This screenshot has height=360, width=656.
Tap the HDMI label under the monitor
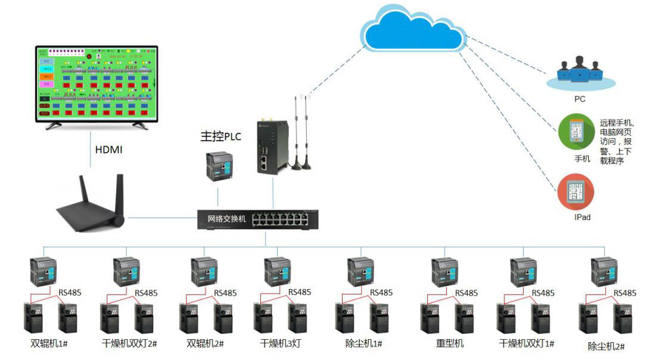[x=109, y=150]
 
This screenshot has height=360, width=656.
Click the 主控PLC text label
[x=220, y=136]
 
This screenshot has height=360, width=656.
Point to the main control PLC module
[x=217, y=166]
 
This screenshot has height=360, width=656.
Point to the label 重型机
[x=449, y=344]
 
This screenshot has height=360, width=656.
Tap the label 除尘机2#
[x=605, y=346]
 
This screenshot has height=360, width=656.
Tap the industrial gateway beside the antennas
[x=269, y=147]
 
